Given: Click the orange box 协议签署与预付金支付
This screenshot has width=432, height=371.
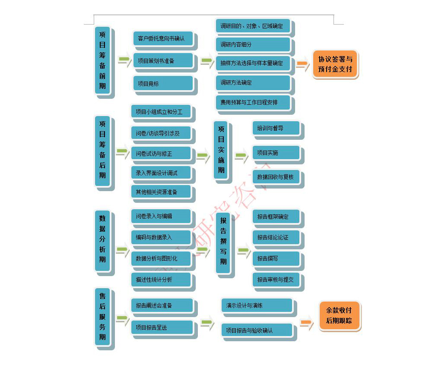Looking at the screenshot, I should (335, 64).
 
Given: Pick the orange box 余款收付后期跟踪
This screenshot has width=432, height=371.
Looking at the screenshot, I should (339, 316).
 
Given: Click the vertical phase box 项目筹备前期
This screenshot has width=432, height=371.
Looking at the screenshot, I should (102, 60).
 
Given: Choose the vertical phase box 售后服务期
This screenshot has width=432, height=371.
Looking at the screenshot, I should (102, 317).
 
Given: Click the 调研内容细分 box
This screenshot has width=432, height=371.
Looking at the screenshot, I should (253, 44).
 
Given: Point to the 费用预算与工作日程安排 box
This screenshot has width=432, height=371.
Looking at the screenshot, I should (253, 103).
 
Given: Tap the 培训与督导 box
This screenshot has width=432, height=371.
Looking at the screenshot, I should (276, 128).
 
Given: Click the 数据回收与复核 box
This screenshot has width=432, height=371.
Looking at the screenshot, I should (276, 177).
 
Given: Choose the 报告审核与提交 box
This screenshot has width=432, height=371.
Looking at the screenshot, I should (276, 280).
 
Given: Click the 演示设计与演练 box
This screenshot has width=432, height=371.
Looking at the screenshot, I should (257, 305).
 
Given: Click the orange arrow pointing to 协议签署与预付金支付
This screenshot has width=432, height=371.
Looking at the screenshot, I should (302, 64).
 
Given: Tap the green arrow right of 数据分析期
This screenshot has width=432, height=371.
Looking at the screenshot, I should (122, 249).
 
